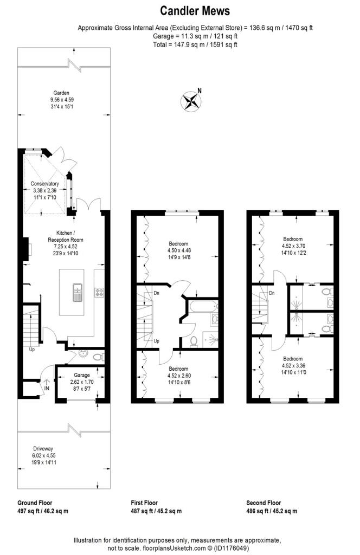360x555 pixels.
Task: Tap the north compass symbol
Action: [x=191, y=101]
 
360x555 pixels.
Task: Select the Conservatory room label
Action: [x=44, y=184]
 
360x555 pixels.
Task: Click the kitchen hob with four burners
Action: [x=99, y=292]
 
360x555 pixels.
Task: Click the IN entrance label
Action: [x=46, y=388]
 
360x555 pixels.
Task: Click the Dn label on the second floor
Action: [x=271, y=293]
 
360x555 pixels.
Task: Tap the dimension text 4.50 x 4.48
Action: [x=178, y=250]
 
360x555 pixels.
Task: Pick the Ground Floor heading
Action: [x=35, y=502]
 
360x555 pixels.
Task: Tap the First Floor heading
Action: [x=147, y=502]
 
